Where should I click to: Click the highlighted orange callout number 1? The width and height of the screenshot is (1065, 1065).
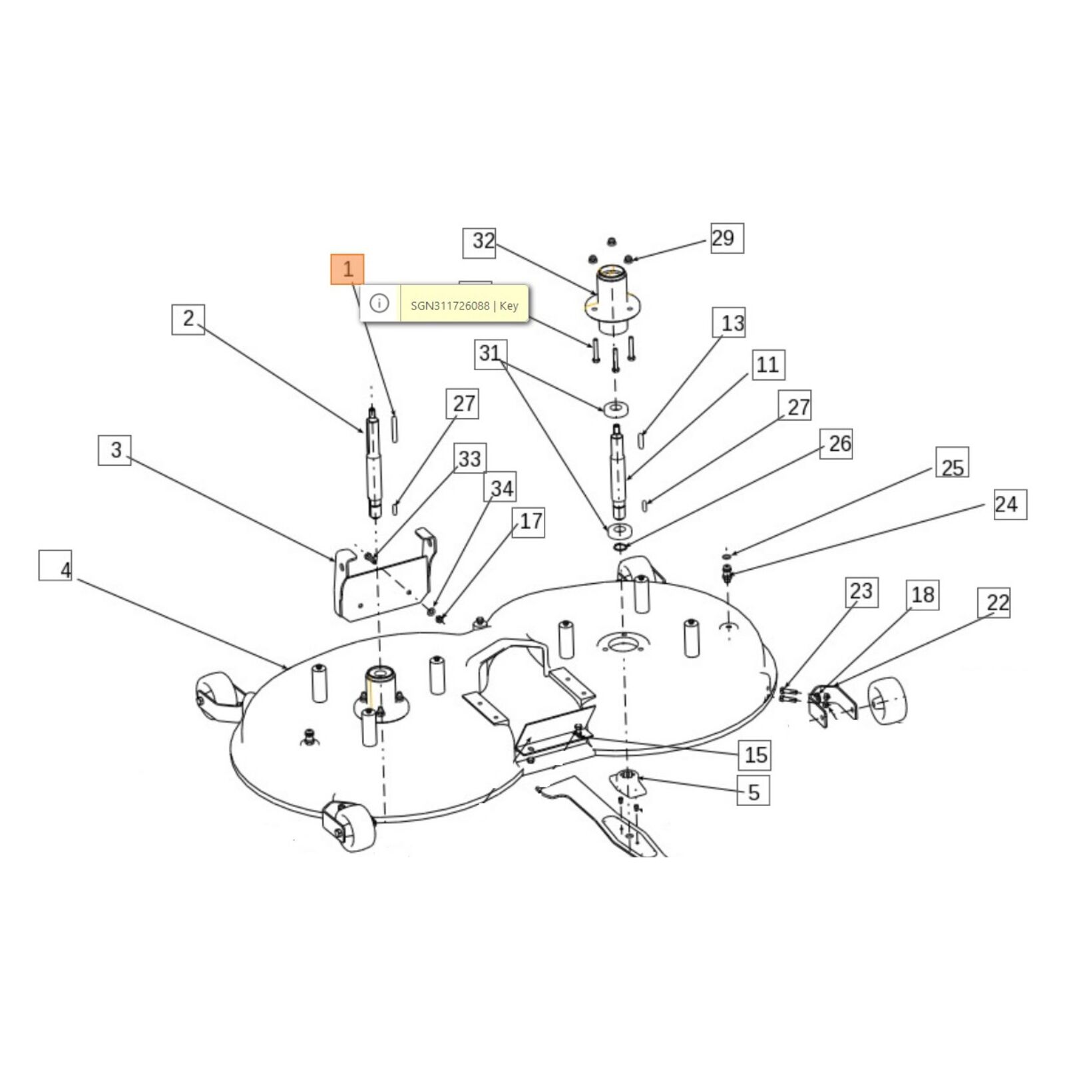(x=347, y=270)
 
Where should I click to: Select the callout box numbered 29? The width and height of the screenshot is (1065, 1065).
(x=727, y=238)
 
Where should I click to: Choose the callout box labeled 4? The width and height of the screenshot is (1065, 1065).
(x=55, y=566)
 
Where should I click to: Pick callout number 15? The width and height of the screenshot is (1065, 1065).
(x=754, y=755)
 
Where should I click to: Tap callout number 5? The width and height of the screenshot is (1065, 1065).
(x=753, y=791)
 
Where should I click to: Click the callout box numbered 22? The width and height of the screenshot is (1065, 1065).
(x=994, y=602)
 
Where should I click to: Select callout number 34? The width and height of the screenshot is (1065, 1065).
(x=501, y=488)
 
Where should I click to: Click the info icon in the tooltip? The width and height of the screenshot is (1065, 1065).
(x=379, y=304)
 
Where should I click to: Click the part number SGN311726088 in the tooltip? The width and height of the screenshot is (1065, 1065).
(x=450, y=306)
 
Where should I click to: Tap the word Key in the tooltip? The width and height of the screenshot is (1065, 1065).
(x=509, y=306)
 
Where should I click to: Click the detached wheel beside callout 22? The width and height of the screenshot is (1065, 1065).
(x=888, y=700)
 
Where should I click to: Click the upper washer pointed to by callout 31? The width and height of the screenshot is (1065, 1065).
(x=617, y=407)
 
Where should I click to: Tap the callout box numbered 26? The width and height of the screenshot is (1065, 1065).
(x=837, y=443)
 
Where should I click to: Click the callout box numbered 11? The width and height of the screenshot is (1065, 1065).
(x=768, y=365)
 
